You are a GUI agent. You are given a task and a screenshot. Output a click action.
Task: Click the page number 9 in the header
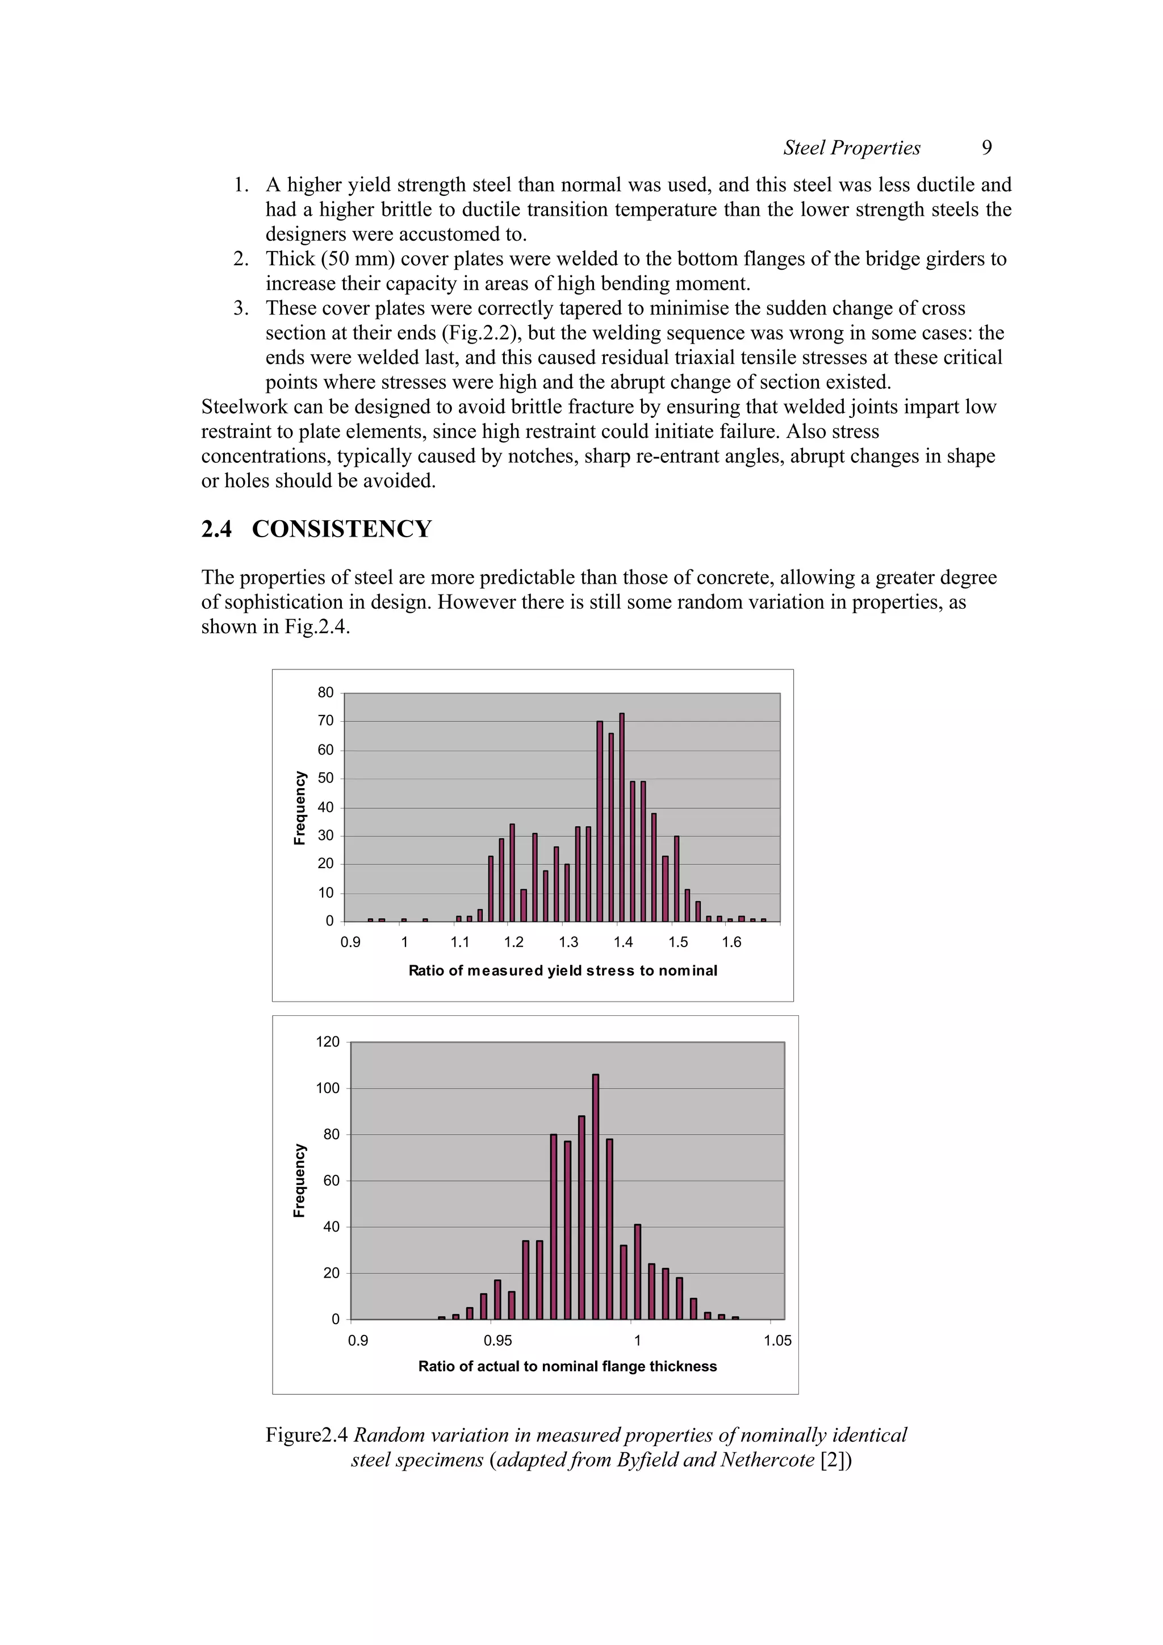(986, 148)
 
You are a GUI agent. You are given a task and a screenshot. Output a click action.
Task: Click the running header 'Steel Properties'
(851, 148)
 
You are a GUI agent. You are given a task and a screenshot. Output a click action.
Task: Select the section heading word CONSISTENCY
(342, 529)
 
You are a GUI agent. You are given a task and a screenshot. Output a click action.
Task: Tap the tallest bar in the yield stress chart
(621, 817)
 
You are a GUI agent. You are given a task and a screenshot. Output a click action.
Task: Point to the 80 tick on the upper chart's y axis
(325, 692)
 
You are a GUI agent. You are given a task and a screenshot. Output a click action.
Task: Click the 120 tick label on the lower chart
(328, 1042)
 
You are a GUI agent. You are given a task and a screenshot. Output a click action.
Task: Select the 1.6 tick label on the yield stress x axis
(731, 942)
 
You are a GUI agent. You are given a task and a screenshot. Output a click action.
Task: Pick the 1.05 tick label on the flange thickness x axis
(777, 1341)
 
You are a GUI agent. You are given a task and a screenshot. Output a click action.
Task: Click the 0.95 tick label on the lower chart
(497, 1341)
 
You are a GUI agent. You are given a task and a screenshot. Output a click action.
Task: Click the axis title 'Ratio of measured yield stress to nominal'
(563, 971)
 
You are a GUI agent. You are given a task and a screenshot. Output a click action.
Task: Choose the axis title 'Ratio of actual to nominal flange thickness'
(567, 1366)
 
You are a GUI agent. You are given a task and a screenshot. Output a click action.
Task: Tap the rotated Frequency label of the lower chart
(299, 1180)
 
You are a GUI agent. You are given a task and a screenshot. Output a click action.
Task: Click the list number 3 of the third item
(240, 308)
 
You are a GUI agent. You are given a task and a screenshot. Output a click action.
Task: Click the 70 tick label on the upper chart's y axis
(325, 721)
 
